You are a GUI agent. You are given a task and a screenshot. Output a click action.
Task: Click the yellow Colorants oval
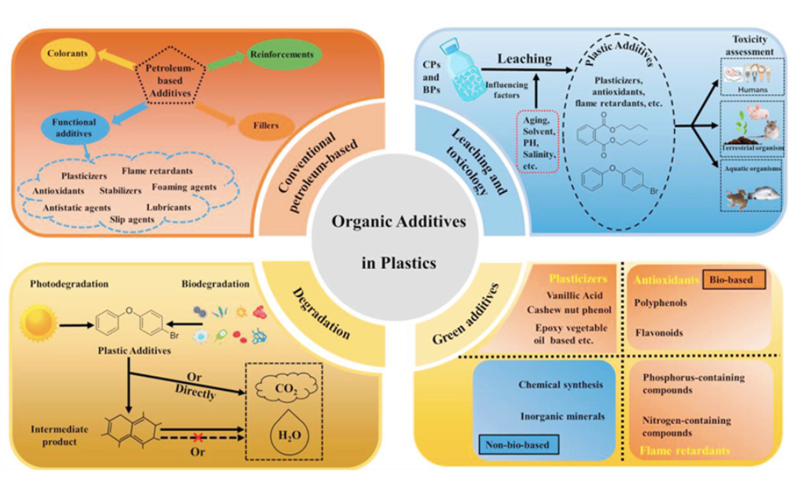point(68,54)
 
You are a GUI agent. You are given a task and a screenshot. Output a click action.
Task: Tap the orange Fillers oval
point(269,126)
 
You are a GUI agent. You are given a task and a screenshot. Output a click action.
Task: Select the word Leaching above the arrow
point(523,58)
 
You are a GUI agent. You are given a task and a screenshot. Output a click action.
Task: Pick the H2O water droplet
point(285,430)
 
